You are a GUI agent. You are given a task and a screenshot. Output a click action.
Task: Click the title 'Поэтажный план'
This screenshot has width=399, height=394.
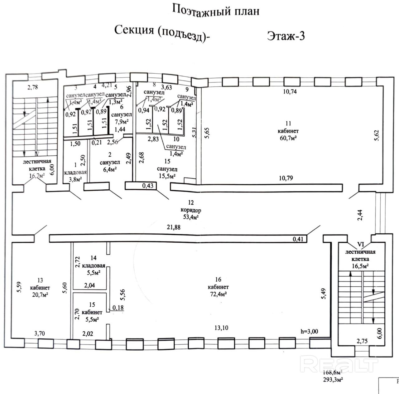tap(216, 10)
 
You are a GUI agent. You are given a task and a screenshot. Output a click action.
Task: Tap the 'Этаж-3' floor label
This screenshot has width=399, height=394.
tap(286, 36)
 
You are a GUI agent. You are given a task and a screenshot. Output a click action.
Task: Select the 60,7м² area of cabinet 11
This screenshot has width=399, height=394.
tap(288, 138)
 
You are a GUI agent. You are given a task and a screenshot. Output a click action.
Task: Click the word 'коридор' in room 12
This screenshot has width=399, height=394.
tap(190, 210)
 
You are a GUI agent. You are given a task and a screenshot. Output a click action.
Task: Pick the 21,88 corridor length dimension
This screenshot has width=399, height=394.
tap(174, 227)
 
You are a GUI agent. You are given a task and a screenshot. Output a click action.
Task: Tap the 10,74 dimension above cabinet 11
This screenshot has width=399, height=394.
tap(290, 91)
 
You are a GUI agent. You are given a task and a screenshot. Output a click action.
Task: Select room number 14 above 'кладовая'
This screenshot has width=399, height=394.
tap(94, 258)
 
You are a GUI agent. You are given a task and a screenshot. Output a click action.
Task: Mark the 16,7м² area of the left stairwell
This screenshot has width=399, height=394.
tap(37, 176)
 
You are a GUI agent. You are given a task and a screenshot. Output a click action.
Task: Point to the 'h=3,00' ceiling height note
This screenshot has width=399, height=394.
tap(309, 331)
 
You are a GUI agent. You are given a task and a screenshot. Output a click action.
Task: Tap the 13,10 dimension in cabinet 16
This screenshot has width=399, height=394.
tap(221, 328)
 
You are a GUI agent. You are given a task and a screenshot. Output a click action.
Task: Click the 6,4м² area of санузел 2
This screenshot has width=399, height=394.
tap(110, 169)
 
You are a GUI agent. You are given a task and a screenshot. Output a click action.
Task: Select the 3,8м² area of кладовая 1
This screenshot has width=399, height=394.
tap(75, 179)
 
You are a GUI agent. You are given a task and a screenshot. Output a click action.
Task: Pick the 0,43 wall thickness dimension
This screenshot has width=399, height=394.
tap(148, 186)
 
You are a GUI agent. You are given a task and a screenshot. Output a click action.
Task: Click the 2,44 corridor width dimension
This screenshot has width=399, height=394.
tap(360, 215)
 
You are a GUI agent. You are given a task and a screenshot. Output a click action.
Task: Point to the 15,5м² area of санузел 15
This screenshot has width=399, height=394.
tap(167, 176)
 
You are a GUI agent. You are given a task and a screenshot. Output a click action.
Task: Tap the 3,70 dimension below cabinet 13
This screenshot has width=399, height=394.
tap(39, 333)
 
